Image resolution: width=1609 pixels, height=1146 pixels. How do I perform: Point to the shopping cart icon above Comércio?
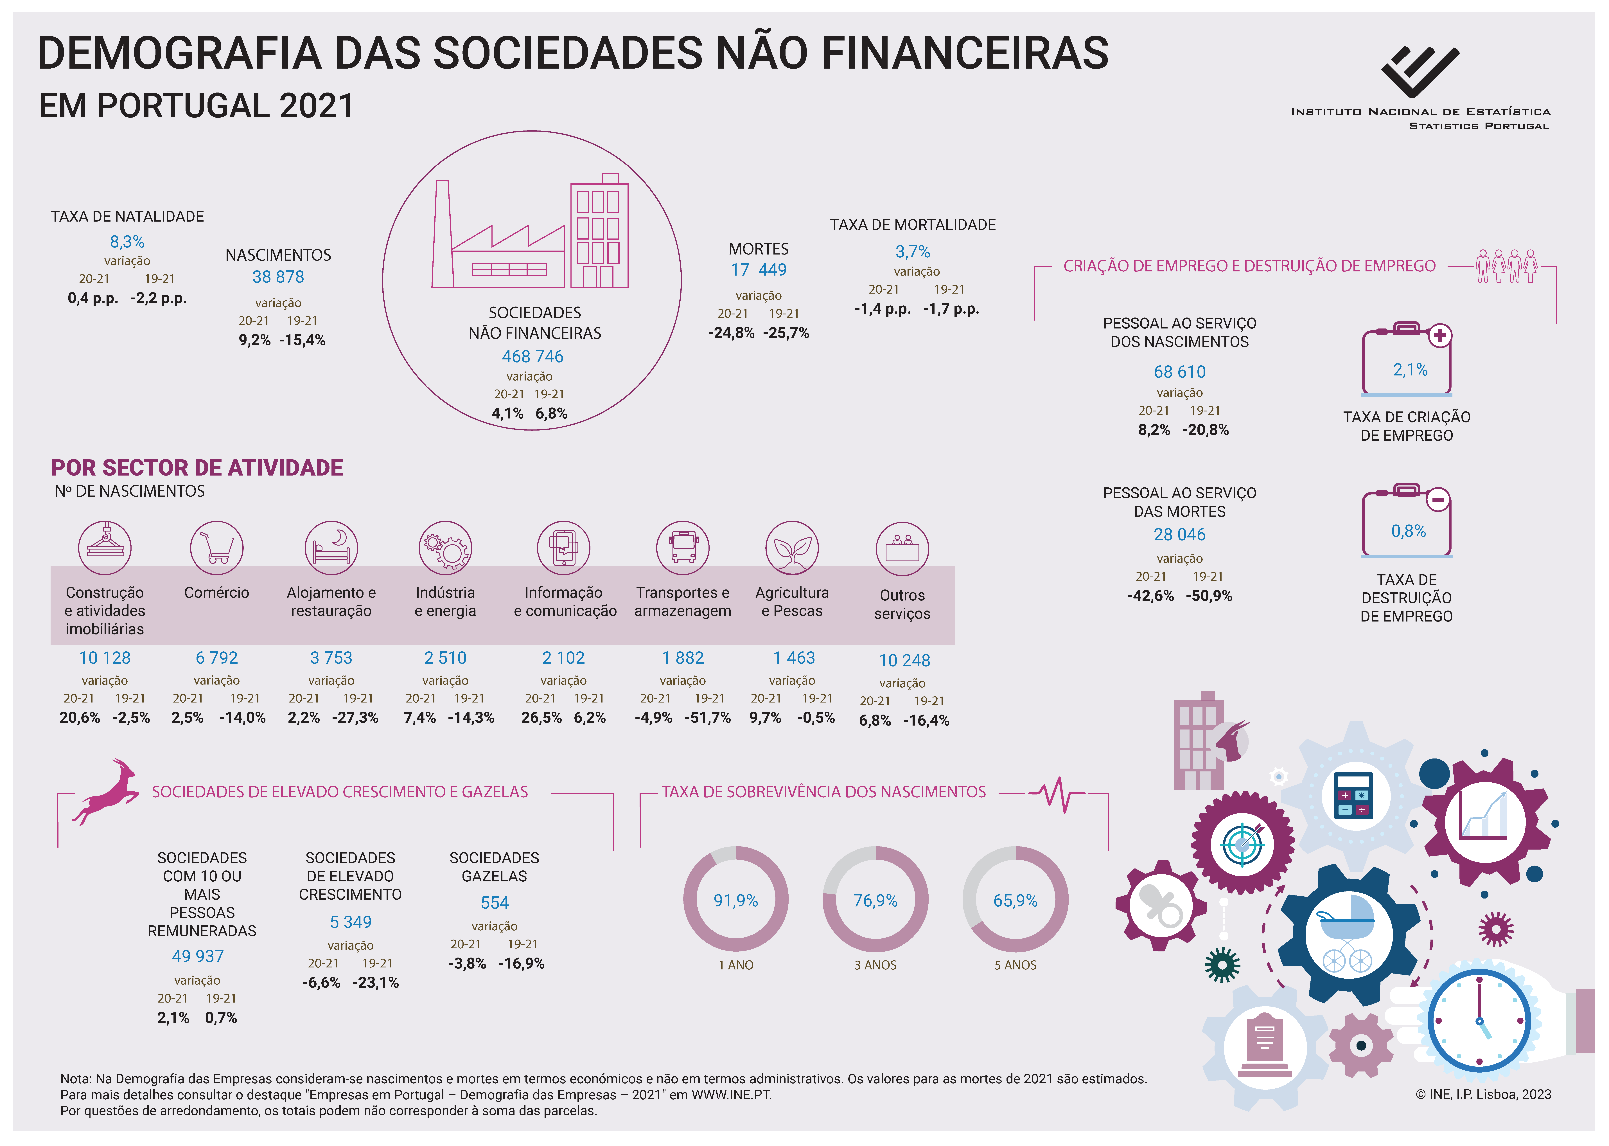pyautogui.click(x=216, y=548)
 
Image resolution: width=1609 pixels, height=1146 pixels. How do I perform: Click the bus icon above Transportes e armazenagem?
pyautogui.click(x=683, y=548)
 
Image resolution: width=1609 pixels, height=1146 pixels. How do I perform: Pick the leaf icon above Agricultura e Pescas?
pyautogui.click(x=792, y=548)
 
